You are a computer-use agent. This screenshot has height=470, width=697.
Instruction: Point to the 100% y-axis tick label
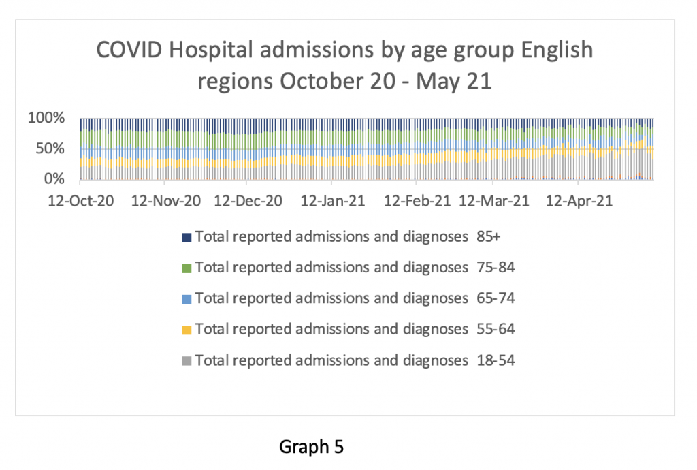click(x=46, y=118)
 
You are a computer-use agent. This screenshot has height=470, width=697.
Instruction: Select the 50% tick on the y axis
click(x=50, y=148)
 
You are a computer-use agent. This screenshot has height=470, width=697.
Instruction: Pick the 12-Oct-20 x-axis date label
click(x=80, y=202)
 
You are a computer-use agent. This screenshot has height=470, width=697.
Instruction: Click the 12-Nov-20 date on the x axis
click(x=165, y=202)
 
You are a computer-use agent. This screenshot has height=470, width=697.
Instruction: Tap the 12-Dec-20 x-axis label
click(x=247, y=202)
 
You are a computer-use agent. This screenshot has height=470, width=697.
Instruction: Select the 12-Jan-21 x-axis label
click(x=331, y=202)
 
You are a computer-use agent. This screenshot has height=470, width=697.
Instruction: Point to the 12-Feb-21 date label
click(x=417, y=202)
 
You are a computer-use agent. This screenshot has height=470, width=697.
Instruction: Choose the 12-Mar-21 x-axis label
click(x=495, y=202)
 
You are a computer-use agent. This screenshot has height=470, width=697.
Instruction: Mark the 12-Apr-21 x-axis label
click(x=578, y=202)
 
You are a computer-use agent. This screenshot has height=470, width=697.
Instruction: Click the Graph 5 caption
click(x=312, y=447)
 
